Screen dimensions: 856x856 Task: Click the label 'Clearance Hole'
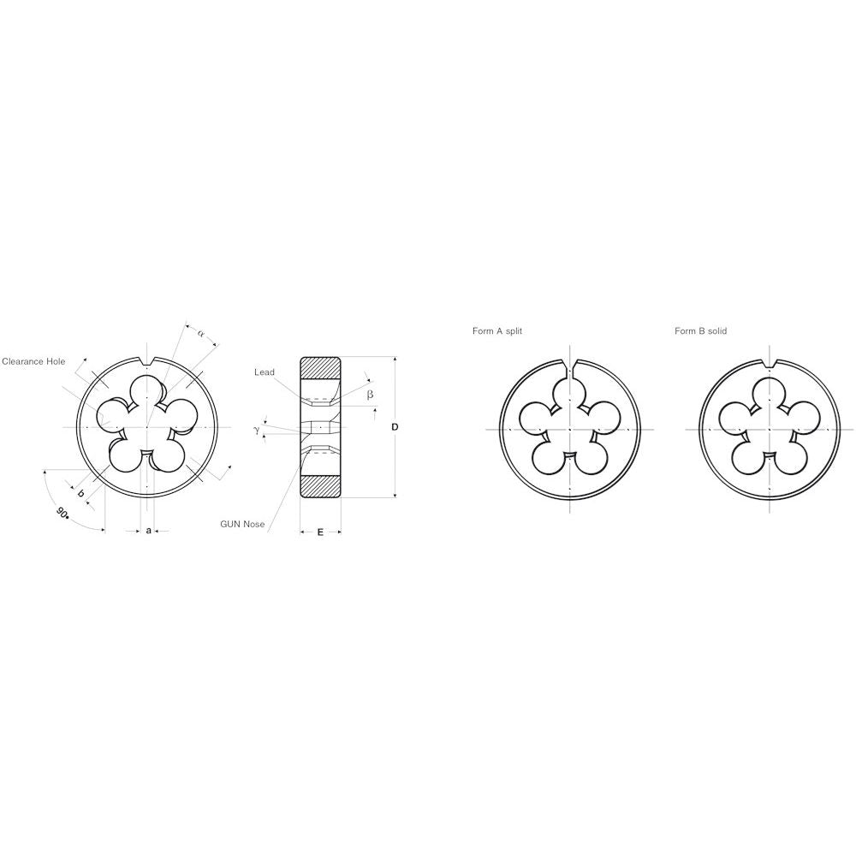pyautogui.click(x=33, y=361)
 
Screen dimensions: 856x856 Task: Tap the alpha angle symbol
pyautogui.click(x=201, y=332)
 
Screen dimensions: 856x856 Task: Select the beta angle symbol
pyautogui.click(x=370, y=394)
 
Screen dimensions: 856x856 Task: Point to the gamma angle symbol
pyautogui.click(x=256, y=430)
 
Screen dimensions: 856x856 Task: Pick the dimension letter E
pyautogui.click(x=320, y=532)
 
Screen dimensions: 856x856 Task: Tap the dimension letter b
pyautogui.click(x=80, y=494)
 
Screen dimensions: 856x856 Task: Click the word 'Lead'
pyautogui.click(x=265, y=372)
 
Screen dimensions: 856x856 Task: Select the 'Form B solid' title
pyautogui.click(x=700, y=330)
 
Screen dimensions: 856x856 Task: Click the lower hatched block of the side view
pyautogui.click(x=320, y=484)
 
